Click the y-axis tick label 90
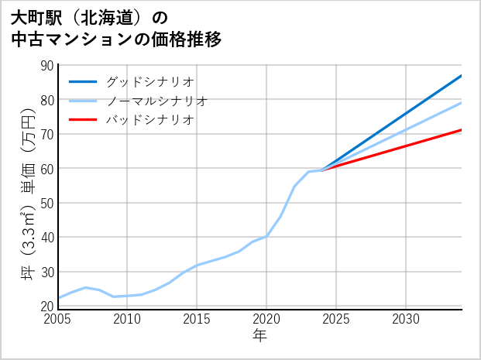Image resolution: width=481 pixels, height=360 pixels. [46, 66]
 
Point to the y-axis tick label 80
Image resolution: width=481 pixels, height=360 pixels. [46, 100]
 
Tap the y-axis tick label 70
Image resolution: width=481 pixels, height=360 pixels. [46, 135]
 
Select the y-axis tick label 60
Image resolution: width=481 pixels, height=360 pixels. [46, 169]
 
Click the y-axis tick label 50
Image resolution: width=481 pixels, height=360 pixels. [46, 203]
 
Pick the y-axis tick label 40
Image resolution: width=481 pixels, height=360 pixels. [46, 238]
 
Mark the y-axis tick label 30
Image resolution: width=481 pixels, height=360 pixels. [46, 272]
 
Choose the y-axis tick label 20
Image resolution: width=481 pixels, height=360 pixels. [46, 306]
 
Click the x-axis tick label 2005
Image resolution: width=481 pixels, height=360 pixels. [58, 319]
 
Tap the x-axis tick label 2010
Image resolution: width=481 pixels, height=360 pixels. [128, 319]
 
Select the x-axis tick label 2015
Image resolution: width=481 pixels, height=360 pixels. [197, 319]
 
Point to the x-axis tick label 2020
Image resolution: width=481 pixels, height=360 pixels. [266, 319]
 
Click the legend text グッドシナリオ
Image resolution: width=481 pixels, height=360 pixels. [149, 81]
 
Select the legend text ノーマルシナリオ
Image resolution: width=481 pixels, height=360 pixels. [156, 101]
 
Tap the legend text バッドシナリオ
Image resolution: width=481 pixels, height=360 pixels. [149, 120]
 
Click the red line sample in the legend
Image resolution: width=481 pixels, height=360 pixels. [83, 120]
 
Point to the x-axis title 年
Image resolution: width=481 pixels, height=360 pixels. [260, 335]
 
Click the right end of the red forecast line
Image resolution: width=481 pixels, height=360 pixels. [461, 130]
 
